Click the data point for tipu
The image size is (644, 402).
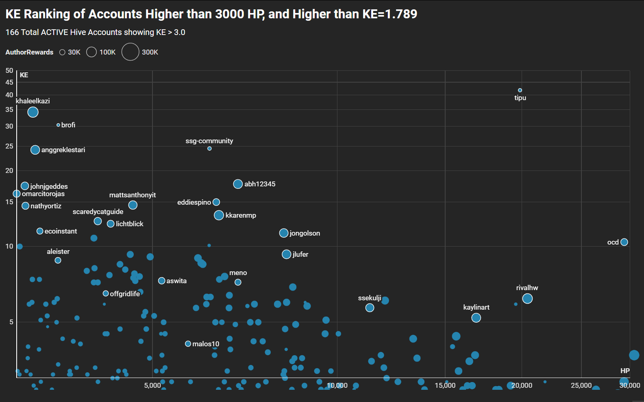520,90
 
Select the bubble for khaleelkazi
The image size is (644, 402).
33,112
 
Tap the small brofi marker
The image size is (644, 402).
58,125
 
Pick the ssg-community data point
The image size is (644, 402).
209,149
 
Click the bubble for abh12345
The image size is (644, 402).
238,184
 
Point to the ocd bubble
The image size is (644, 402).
624,242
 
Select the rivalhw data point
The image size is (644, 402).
527,299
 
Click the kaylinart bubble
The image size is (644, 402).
476,318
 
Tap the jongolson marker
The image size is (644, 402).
284,233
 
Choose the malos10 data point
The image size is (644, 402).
188,344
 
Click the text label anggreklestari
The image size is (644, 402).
63,150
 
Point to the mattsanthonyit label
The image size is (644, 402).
133,195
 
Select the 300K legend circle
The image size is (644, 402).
131,52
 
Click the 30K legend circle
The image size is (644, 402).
62,52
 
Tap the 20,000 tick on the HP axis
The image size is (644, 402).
522,385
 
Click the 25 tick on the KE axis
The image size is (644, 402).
9,146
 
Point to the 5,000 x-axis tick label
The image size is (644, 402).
152,385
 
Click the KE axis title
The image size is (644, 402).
24,75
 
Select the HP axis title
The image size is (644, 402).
625,371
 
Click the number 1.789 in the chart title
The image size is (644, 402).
401,14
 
